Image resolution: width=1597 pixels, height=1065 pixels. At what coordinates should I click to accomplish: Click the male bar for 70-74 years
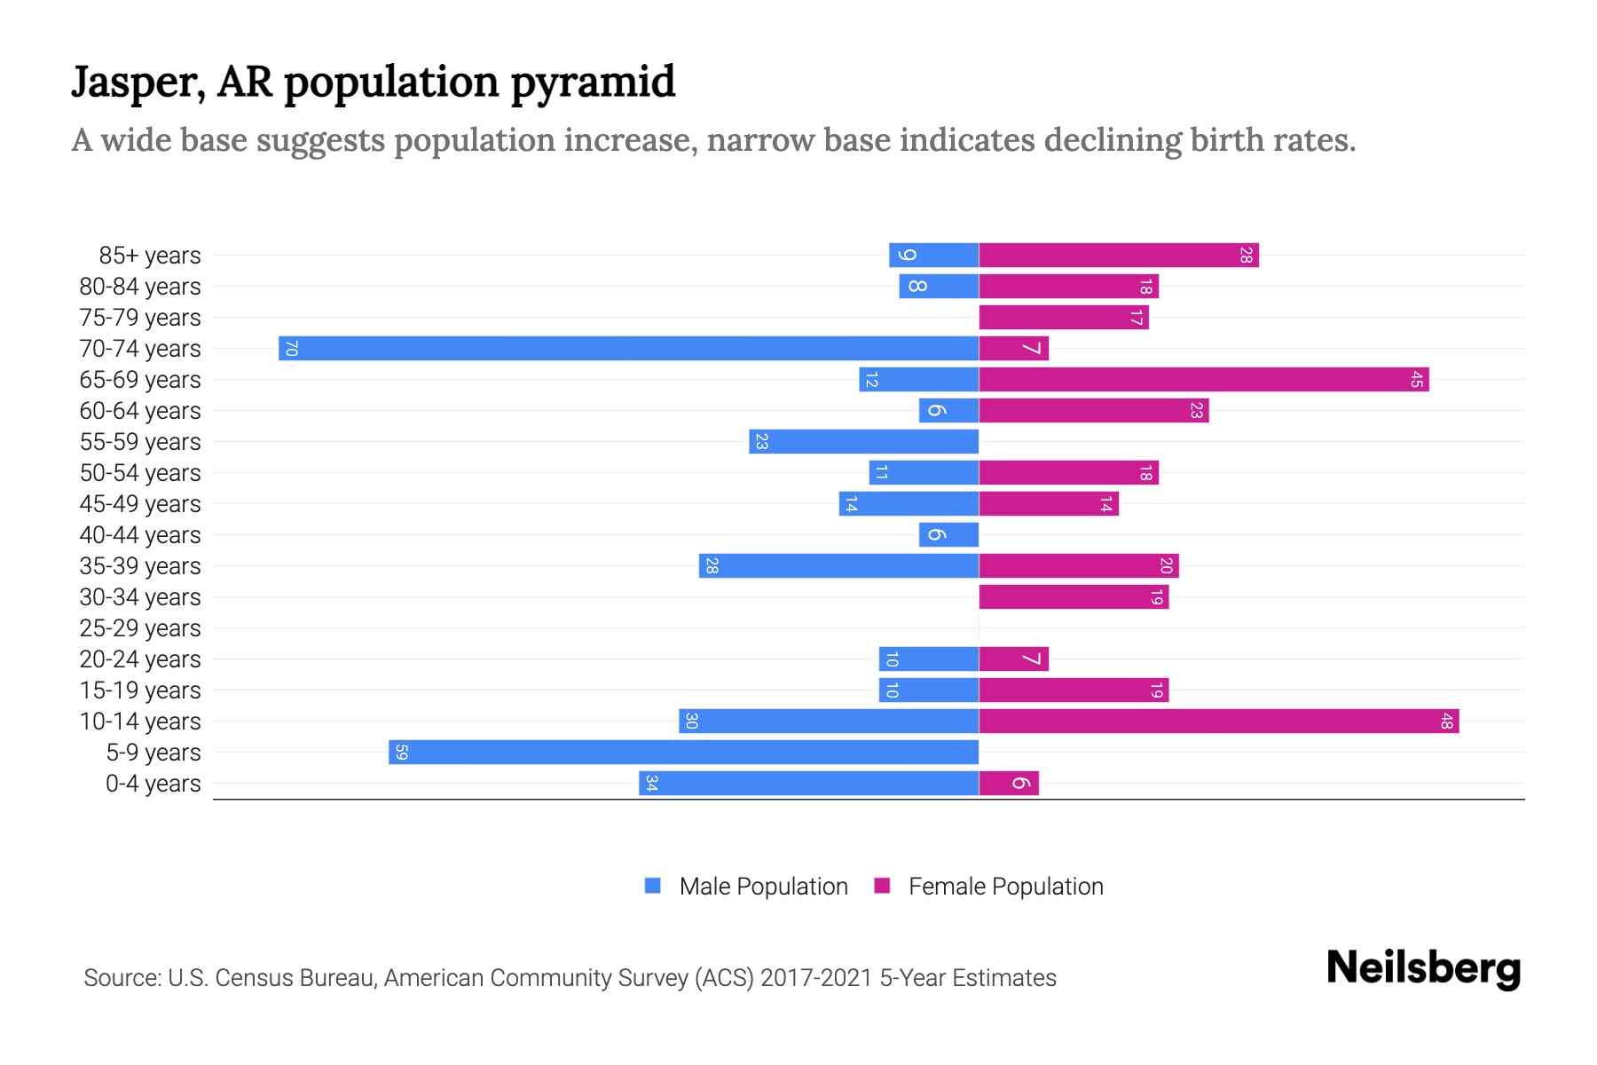(628, 348)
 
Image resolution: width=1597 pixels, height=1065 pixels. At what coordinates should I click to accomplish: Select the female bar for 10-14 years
(1218, 721)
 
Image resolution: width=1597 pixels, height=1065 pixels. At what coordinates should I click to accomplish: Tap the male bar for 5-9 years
(683, 752)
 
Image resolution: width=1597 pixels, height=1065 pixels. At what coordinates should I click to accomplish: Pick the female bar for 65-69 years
(1203, 379)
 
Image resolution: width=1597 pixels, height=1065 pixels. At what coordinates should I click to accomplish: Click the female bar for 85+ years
(1118, 255)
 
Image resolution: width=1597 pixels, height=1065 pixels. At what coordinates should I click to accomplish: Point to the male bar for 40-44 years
(948, 534)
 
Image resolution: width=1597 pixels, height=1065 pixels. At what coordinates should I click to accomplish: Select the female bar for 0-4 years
(1008, 783)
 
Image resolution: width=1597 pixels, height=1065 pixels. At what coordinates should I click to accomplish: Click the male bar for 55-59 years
(863, 441)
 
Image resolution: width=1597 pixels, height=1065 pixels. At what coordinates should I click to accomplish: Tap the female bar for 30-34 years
(1074, 596)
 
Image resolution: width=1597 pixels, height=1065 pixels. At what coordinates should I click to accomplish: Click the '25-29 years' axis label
(140, 628)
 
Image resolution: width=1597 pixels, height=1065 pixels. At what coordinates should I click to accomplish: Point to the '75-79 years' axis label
(140, 318)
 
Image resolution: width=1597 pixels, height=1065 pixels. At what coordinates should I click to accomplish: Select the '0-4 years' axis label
(153, 784)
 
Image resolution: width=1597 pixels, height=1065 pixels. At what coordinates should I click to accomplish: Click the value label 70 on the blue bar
(291, 349)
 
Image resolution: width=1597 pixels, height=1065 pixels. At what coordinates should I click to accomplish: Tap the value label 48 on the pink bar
(1446, 721)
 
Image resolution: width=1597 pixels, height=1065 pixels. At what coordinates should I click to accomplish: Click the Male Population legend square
(653, 886)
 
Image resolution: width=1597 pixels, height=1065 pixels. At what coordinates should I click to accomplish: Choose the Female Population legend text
(1005, 886)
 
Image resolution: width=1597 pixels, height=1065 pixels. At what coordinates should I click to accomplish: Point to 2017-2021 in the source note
(816, 978)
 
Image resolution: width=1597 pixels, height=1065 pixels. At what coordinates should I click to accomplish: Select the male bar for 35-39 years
(838, 565)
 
